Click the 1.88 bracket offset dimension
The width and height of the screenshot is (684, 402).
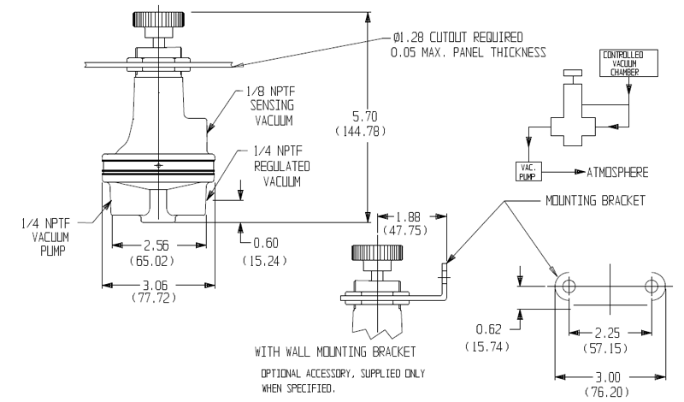[x=410, y=217]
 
